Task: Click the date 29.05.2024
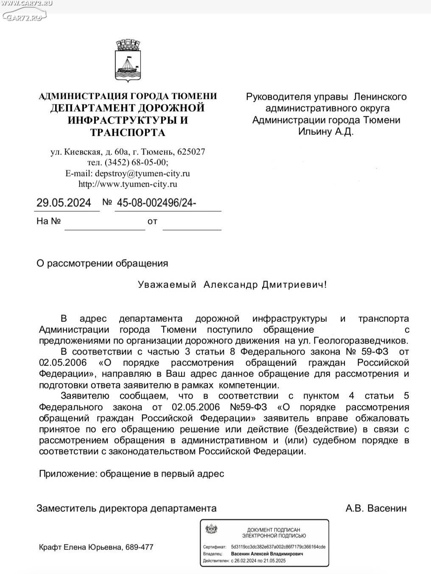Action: click(x=64, y=203)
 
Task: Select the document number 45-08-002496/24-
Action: click(x=156, y=203)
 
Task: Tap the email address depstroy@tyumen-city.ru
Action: click(x=143, y=173)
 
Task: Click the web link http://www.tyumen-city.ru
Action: click(x=128, y=184)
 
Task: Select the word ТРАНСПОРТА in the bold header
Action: click(x=128, y=133)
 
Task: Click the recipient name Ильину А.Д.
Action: click(x=326, y=132)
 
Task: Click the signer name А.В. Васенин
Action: click(x=376, y=508)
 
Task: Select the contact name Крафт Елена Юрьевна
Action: click(x=81, y=547)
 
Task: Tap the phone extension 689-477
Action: click(x=140, y=547)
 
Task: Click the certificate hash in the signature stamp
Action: click(x=278, y=547)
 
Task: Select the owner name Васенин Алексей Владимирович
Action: click(x=267, y=554)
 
